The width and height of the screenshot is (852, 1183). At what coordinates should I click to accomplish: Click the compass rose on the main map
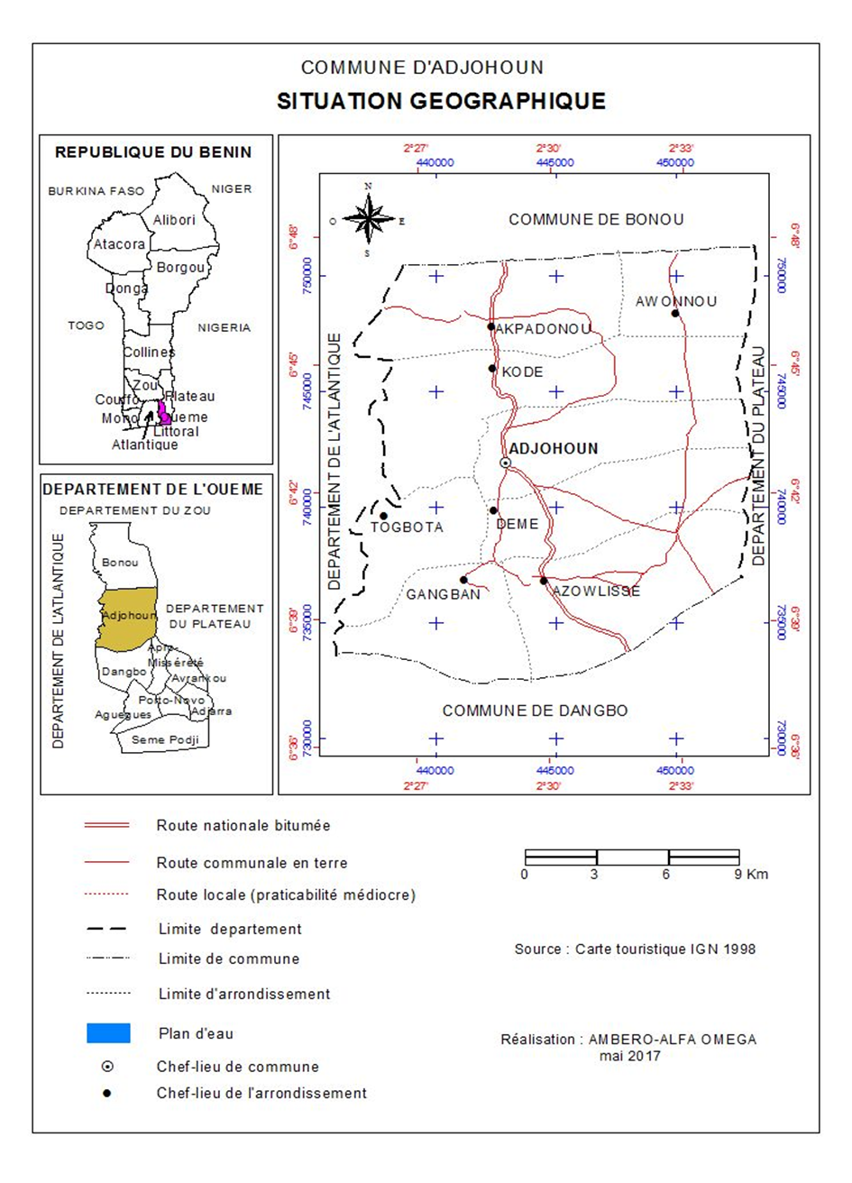point(368,219)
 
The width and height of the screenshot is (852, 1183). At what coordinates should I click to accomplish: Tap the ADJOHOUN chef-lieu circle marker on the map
point(506,463)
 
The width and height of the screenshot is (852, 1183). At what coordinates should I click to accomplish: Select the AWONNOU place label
point(676,301)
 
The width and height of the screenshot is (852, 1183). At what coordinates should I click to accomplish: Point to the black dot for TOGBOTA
point(383,516)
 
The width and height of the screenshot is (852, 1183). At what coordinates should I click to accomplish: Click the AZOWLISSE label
point(596,591)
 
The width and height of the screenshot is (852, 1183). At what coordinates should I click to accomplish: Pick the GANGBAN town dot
point(463,580)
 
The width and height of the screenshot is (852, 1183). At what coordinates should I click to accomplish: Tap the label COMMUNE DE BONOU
point(596,219)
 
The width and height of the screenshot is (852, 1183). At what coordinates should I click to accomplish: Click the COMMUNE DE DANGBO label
point(535,711)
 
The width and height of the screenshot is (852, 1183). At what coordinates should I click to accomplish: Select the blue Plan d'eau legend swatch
point(108,1033)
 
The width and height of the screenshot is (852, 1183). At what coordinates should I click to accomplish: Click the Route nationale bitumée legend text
point(243,825)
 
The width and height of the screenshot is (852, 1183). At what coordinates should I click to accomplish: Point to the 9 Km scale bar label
point(751,875)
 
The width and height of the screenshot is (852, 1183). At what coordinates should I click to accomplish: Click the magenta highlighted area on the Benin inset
point(164,412)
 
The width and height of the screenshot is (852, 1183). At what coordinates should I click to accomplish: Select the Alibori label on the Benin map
point(174,220)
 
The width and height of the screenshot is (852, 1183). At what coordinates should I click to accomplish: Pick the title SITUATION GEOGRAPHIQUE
point(441,101)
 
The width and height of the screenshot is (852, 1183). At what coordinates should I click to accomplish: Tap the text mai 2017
point(630,1055)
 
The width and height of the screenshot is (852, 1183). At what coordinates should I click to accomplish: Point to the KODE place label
point(523,371)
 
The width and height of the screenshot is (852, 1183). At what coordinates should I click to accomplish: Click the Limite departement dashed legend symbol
point(106,929)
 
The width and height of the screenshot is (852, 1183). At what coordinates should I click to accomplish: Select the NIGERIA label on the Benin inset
point(224,327)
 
